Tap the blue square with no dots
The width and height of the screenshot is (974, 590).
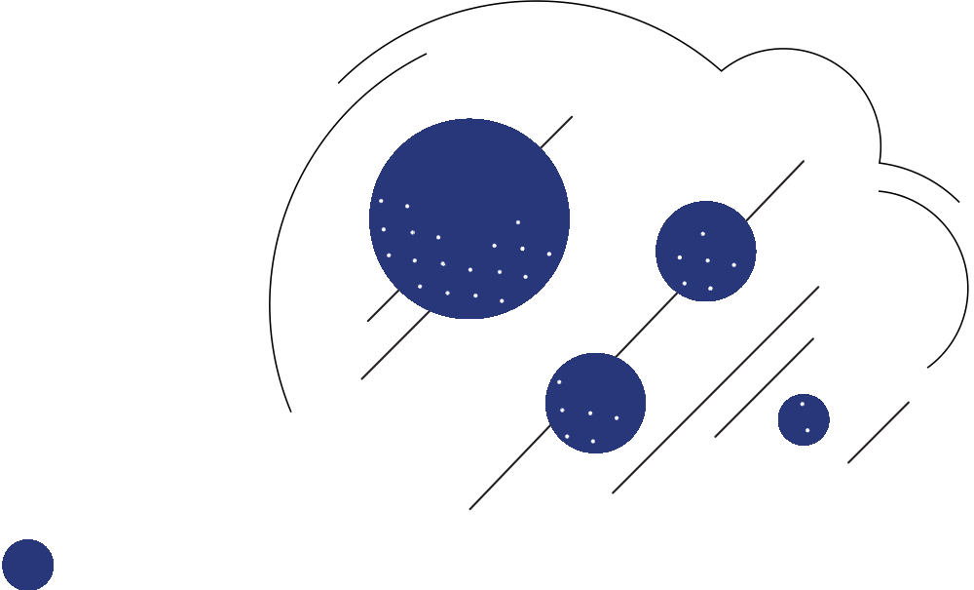[x=27, y=565]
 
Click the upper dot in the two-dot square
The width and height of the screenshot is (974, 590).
[x=803, y=404]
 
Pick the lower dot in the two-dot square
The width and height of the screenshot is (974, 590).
[x=807, y=430]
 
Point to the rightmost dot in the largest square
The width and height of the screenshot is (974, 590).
[x=549, y=254]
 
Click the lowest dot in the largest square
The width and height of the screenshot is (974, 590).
[x=502, y=300]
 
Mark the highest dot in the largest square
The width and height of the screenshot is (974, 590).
[x=381, y=201]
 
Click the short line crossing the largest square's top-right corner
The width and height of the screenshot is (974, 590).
[x=556, y=133]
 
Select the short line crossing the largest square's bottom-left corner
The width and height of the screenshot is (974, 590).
[x=383, y=305]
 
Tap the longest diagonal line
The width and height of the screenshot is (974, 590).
[x=716, y=390]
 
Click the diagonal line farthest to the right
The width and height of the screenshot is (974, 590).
[x=879, y=432]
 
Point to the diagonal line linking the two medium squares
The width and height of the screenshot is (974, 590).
[x=647, y=325]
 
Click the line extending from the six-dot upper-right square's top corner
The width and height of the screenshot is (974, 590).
[x=776, y=190]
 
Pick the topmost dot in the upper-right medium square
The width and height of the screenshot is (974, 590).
[x=702, y=234]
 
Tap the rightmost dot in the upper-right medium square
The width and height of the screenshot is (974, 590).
[x=734, y=265]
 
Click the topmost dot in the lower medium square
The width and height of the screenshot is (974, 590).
[x=559, y=382]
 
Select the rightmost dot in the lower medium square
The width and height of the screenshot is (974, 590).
[x=617, y=418]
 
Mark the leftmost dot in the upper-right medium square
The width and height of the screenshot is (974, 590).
[x=680, y=257]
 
